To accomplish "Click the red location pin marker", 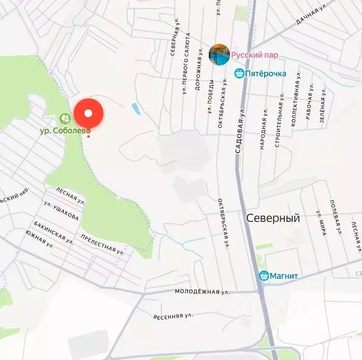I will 89,113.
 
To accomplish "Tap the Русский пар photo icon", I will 219,55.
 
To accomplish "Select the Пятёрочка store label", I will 265,73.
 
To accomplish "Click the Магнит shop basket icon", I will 263,276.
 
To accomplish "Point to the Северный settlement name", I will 273,218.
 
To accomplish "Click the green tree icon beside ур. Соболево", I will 65,118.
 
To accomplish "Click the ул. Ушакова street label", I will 61,211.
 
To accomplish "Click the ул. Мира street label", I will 321,223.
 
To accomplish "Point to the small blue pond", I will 136,109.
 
